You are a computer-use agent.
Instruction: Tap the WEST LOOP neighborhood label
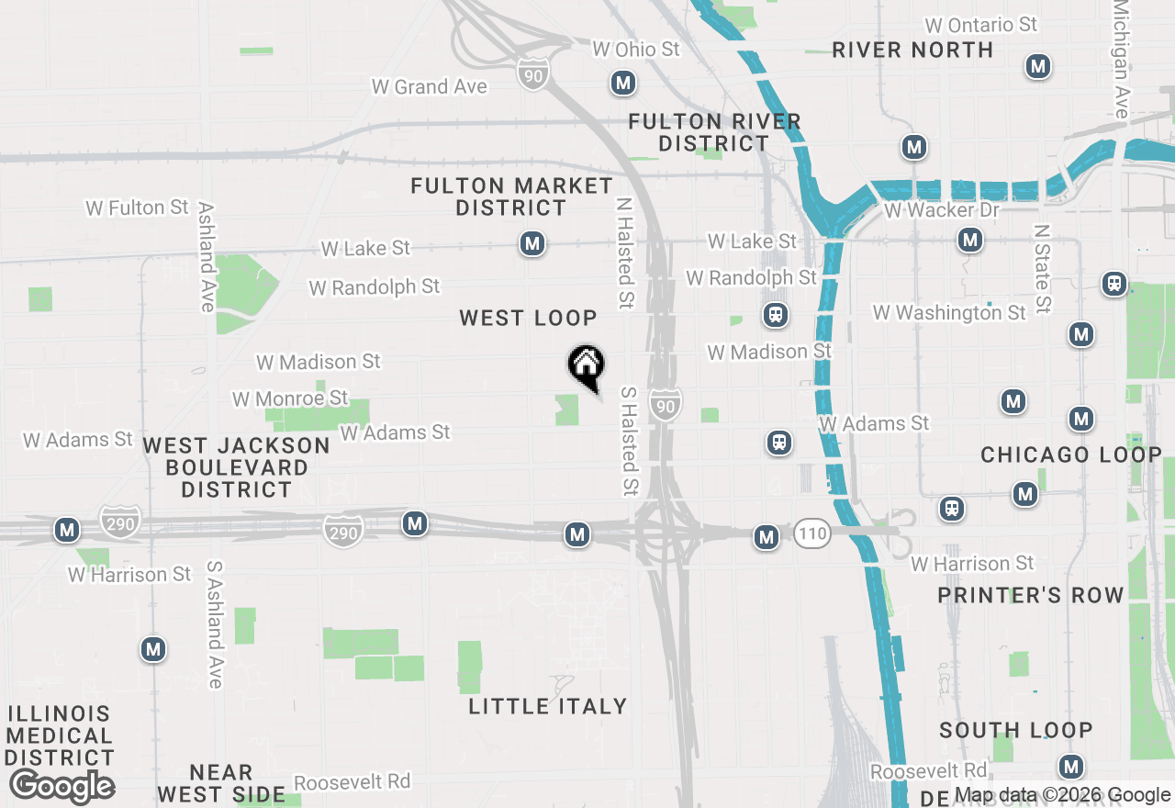pyautogui.click(x=529, y=319)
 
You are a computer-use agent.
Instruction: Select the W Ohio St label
pyautogui.click(x=636, y=49)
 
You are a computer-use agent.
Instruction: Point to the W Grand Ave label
pyautogui.click(x=429, y=87)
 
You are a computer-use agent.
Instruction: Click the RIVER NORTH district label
pyautogui.click(x=912, y=50)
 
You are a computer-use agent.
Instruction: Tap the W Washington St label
pyautogui.click(x=949, y=313)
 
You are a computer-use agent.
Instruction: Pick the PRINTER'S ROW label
pyautogui.click(x=1031, y=596)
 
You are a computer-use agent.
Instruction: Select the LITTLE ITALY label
pyautogui.click(x=548, y=706)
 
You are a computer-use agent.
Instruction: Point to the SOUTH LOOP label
pyautogui.click(x=1016, y=731)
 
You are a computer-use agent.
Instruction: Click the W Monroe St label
pyautogui.click(x=290, y=398)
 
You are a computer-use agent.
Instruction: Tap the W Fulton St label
pyautogui.click(x=137, y=208)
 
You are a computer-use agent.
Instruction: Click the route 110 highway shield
pyautogui.click(x=812, y=533)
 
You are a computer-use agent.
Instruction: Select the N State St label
pyautogui.click(x=1042, y=268)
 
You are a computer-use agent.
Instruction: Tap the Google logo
pyautogui.click(x=62, y=787)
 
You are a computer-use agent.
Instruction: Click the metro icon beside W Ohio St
pyautogui.click(x=623, y=84)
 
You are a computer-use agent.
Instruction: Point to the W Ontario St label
pyautogui.click(x=981, y=25)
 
